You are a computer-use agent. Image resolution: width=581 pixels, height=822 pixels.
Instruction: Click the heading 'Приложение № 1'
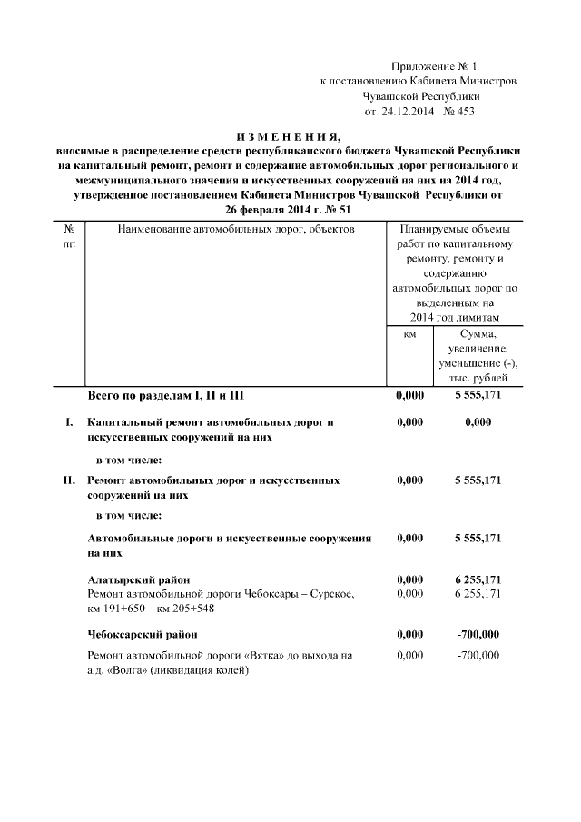point(432,65)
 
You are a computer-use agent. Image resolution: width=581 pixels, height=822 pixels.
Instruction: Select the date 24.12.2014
point(407,112)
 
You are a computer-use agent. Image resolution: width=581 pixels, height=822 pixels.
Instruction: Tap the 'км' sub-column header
point(409,334)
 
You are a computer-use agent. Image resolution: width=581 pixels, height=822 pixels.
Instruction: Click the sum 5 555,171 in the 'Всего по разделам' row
point(478,396)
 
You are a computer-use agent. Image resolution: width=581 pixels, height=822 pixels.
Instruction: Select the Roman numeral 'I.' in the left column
point(68,422)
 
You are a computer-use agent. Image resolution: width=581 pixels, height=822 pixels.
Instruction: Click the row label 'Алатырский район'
point(138,579)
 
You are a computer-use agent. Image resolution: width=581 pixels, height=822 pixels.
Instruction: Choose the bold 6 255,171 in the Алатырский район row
point(478,579)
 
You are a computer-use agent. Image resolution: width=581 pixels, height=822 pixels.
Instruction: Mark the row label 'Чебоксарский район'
point(143,633)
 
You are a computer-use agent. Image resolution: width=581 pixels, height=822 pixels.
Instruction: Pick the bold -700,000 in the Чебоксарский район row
point(478,633)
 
